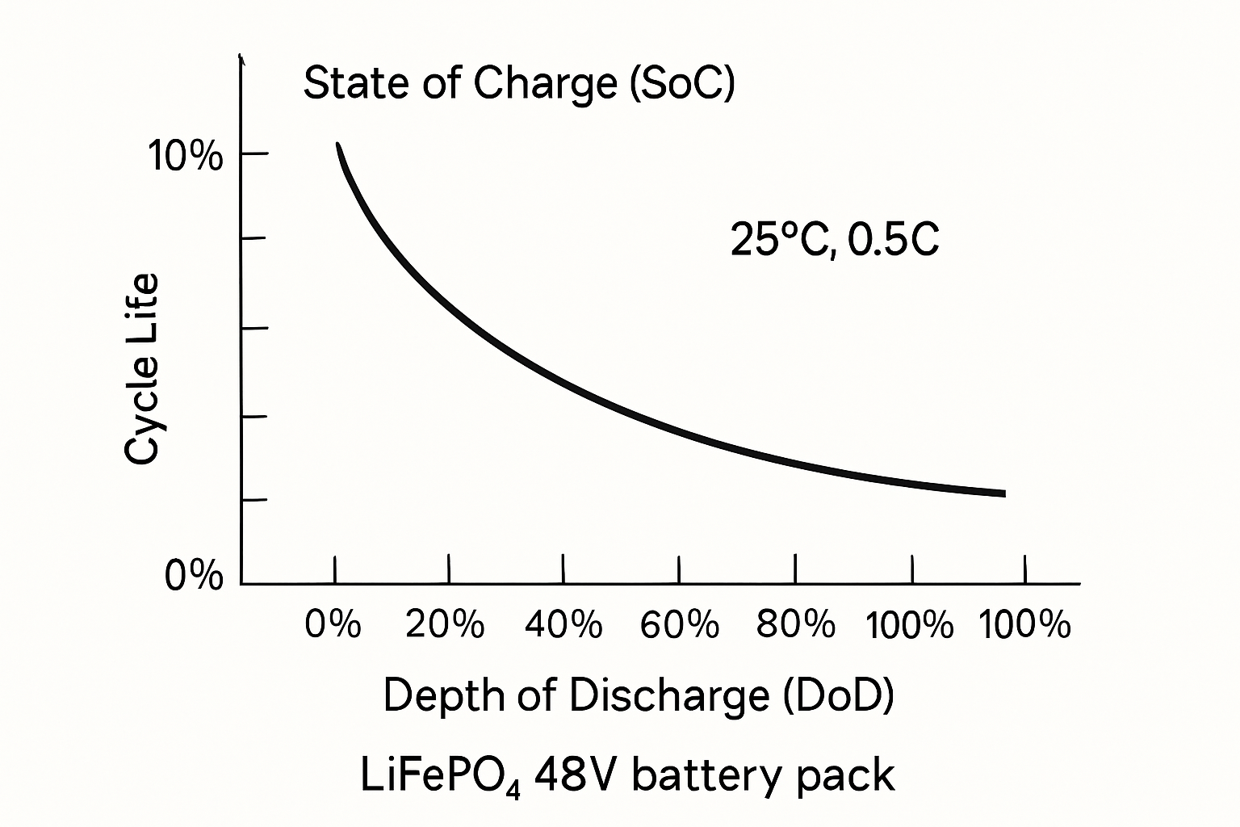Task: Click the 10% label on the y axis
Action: coord(185,156)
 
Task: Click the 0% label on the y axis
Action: coord(194,577)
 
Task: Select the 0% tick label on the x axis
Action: coord(333,624)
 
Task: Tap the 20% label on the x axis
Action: coord(446,624)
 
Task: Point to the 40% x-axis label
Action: coord(563,624)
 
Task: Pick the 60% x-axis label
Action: coord(680,624)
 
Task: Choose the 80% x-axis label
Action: coord(796,624)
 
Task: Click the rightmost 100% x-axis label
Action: coord(1024,624)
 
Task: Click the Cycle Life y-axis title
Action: coord(142,370)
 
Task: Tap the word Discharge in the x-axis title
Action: coord(669,695)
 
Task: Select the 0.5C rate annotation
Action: coord(894,240)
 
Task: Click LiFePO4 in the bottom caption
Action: coord(443,776)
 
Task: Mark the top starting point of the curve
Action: coord(338,145)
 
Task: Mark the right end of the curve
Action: coord(1003,493)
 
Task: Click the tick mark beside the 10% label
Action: coord(254,153)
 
